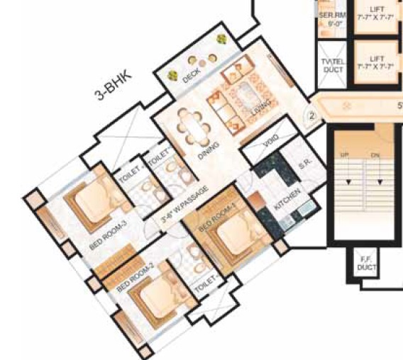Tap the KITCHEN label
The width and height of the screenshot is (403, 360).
pyautogui.click(x=287, y=201)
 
